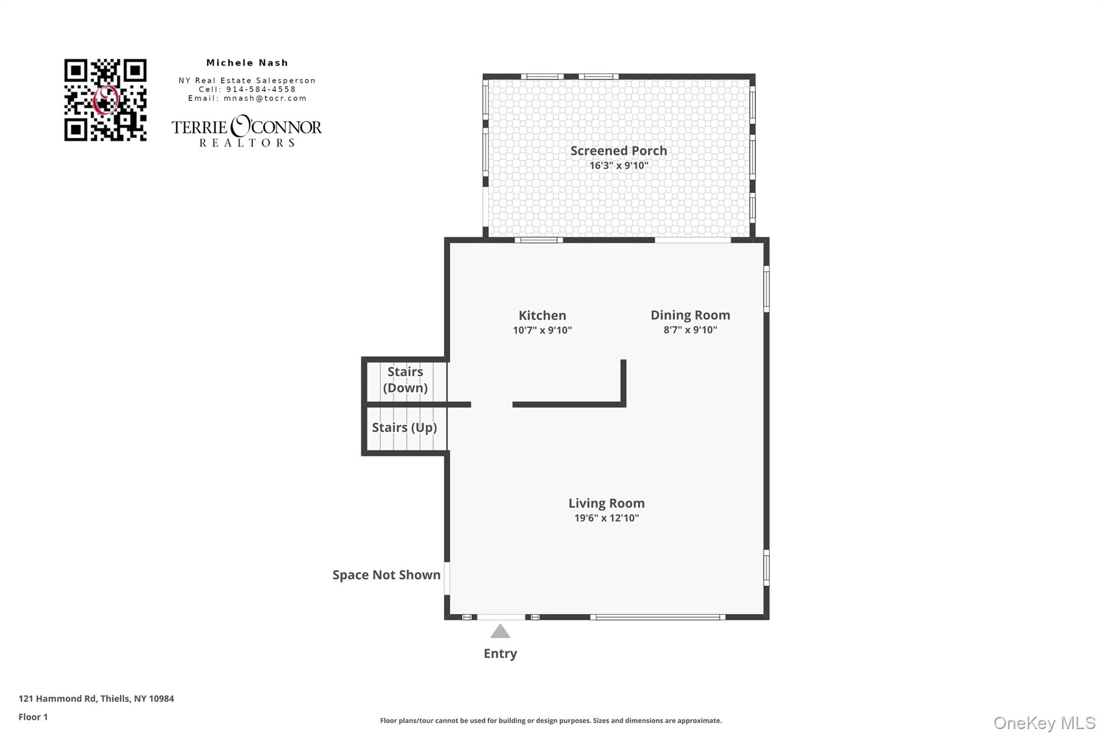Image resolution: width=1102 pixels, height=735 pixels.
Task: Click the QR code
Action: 105,100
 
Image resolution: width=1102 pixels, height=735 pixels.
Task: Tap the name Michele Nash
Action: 247,63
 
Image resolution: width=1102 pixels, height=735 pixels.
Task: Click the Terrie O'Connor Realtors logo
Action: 246,131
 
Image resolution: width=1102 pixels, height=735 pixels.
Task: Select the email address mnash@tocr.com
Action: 265,99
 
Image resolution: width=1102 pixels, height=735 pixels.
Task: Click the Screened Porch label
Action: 618,151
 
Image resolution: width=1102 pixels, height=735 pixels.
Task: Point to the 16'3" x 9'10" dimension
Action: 618,166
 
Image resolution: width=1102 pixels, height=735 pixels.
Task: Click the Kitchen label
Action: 542,316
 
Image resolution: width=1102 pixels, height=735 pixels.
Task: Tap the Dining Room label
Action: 690,315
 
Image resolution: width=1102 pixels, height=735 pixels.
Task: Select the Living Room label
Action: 606,503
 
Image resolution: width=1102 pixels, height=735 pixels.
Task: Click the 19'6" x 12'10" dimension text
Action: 606,518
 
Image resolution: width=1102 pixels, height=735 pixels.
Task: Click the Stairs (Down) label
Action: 405,380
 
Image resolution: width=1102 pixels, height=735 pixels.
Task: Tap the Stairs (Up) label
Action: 404,428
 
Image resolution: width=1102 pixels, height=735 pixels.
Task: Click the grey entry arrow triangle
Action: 500,632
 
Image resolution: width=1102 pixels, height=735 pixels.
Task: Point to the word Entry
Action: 500,654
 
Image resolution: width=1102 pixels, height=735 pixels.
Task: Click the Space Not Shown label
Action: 386,575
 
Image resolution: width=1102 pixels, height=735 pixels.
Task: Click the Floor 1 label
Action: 33,717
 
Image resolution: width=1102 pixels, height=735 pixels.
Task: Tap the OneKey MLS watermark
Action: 1044,723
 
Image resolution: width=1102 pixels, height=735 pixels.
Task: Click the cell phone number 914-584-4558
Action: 261,89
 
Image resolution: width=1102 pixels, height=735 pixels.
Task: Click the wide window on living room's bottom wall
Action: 658,617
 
